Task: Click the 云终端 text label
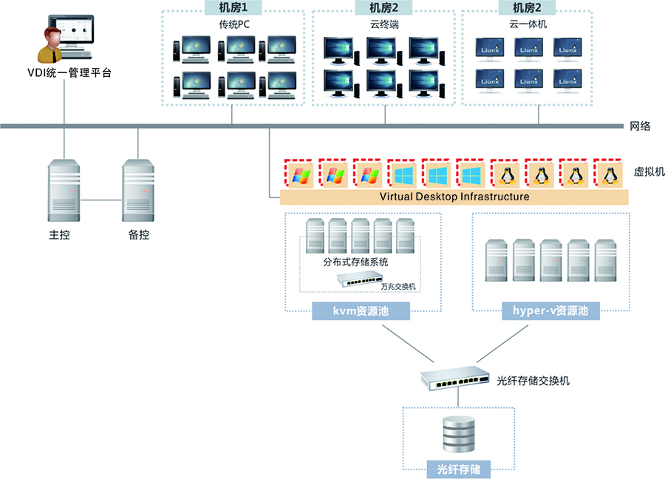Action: [x=384, y=24]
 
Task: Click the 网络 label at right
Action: [x=640, y=126]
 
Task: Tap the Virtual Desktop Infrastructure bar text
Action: [x=454, y=197]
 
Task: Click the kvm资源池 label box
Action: [x=361, y=311]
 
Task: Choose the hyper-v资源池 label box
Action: [x=550, y=311]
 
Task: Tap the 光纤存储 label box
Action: [x=459, y=469]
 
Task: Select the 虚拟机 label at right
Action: [x=649, y=171]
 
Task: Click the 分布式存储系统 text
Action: [x=355, y=262]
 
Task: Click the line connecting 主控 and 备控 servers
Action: [x=101, y=199]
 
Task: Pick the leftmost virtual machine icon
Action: [x=299, y=174]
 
